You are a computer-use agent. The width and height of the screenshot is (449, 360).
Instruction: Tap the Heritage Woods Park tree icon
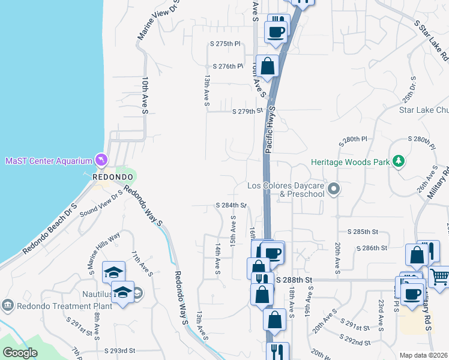pos(397,161)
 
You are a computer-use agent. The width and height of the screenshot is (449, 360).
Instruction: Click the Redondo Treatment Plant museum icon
pos(7,305)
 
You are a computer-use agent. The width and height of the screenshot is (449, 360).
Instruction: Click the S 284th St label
pos(231,205)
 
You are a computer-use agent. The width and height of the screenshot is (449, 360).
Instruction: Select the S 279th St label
pos(248,110)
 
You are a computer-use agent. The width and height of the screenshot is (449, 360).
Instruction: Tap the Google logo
pos(20,353)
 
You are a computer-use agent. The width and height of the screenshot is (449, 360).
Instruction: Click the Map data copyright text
pos(423,355)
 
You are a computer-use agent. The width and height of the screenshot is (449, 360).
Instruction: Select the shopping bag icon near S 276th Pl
pos(268,65)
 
